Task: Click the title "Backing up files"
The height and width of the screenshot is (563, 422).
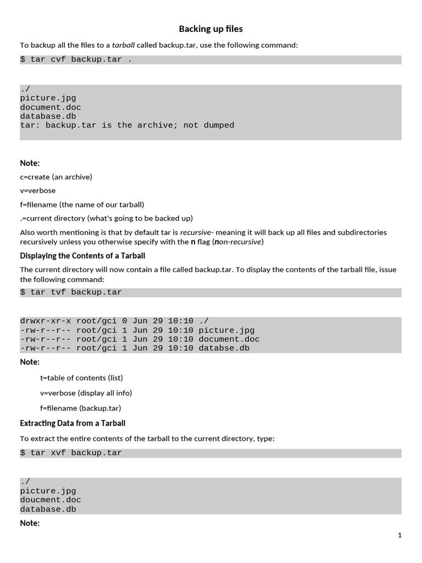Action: pos(210,29)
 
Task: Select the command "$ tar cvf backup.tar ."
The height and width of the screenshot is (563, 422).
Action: pos(76,59)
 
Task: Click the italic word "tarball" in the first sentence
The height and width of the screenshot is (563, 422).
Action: pos(123,45)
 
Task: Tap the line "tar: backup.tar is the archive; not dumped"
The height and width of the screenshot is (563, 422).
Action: pos(127,125)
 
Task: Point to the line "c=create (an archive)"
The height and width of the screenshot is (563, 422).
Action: pos(56,176)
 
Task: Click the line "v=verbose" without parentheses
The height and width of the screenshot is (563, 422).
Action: pos(38,190)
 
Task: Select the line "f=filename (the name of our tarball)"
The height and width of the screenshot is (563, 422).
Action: pos(82,205)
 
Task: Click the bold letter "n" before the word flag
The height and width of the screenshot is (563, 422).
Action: pos(193,241)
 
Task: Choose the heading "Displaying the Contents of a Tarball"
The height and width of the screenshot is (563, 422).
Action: pos(82,256)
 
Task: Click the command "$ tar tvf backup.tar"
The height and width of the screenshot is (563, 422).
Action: pos(71,292)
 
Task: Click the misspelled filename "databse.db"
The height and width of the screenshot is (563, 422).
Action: pos(224,348)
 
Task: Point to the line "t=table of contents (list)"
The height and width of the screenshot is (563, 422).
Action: pos(81,378)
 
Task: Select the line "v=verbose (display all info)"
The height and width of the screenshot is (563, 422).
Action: pos(86,393)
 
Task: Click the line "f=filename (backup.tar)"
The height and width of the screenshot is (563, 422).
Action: pos(80,408)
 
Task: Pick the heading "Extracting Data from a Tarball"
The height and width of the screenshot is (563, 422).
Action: pos(73,423)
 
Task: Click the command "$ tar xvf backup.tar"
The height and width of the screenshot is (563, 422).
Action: pos(71,453)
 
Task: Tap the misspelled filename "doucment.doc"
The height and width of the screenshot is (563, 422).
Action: pos(51,500)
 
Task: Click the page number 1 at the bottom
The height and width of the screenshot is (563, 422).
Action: pos(399,535)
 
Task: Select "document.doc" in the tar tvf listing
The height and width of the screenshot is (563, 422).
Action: pos(229,339)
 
